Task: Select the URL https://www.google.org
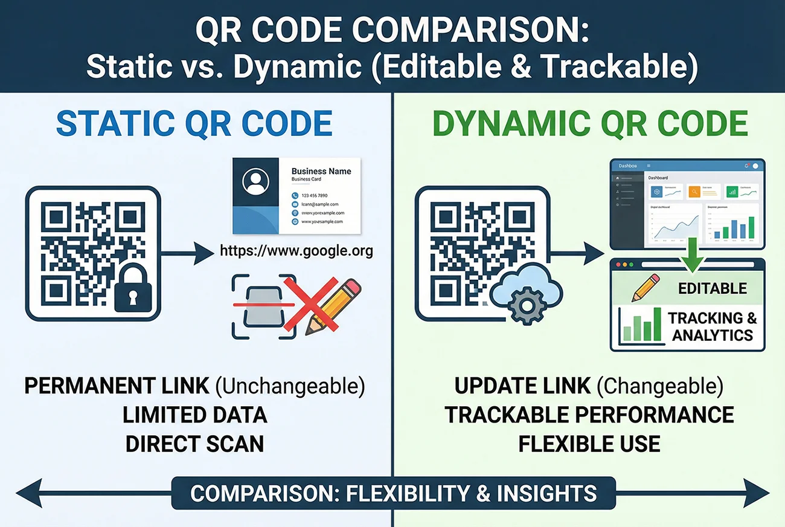pos(296,251)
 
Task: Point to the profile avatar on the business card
pos(255,181)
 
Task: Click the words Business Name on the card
pos(321,172)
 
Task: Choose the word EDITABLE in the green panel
pos(713,288)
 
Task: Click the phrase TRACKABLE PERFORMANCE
pos(589,415)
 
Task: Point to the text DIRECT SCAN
pos(194,444)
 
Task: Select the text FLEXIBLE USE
pos(589,444)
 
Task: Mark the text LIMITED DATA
pos(194,415)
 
